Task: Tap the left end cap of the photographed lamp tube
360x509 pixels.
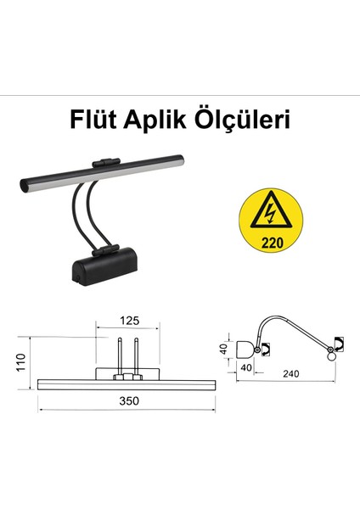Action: pos(25,184)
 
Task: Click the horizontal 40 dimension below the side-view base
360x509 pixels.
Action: pos(246,367)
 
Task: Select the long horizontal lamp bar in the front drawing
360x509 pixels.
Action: pos(127,383)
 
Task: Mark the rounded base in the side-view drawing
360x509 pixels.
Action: pos(248,349)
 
